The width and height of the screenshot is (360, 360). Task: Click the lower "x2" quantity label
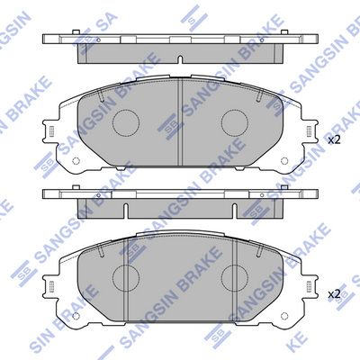click(334, 293)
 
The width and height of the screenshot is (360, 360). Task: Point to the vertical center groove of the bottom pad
click(180, 274)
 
